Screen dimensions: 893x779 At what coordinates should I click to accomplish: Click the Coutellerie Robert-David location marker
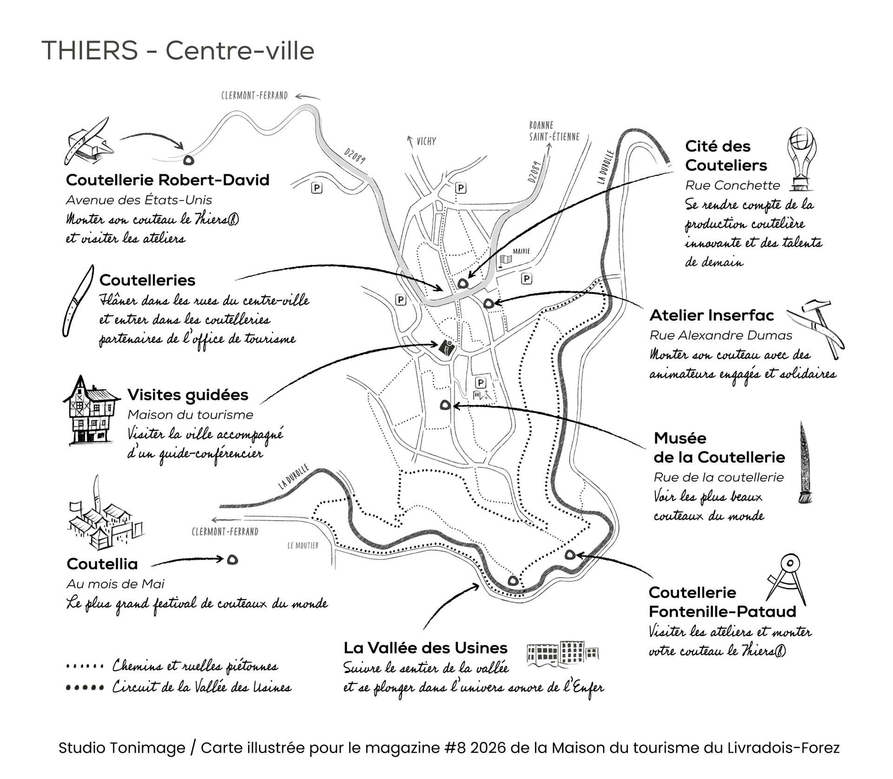pos(189,160)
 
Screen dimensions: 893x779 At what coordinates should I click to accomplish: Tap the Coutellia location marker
pos(233,559)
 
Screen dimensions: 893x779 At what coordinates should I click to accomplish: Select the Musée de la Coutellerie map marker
pos(445,406)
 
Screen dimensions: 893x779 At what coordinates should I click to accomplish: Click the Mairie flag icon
pos(505,261)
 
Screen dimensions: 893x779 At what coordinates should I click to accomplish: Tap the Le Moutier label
pos(303,545)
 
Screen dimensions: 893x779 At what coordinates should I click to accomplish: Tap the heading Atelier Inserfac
pos(712,315)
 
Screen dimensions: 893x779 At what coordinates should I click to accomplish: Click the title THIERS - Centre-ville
pos(178,51)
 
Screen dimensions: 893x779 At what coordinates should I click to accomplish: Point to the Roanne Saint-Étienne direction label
pos(554,131)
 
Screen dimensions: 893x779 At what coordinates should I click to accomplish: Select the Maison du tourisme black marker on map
pos(446,347)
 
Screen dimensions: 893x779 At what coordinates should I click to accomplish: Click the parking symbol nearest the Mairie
pos(526,279)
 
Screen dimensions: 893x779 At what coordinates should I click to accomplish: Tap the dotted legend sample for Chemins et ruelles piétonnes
pos(85,666)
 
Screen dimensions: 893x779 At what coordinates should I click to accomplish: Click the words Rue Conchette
pos(732,186)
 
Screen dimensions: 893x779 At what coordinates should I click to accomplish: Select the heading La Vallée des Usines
pos(426,648)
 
